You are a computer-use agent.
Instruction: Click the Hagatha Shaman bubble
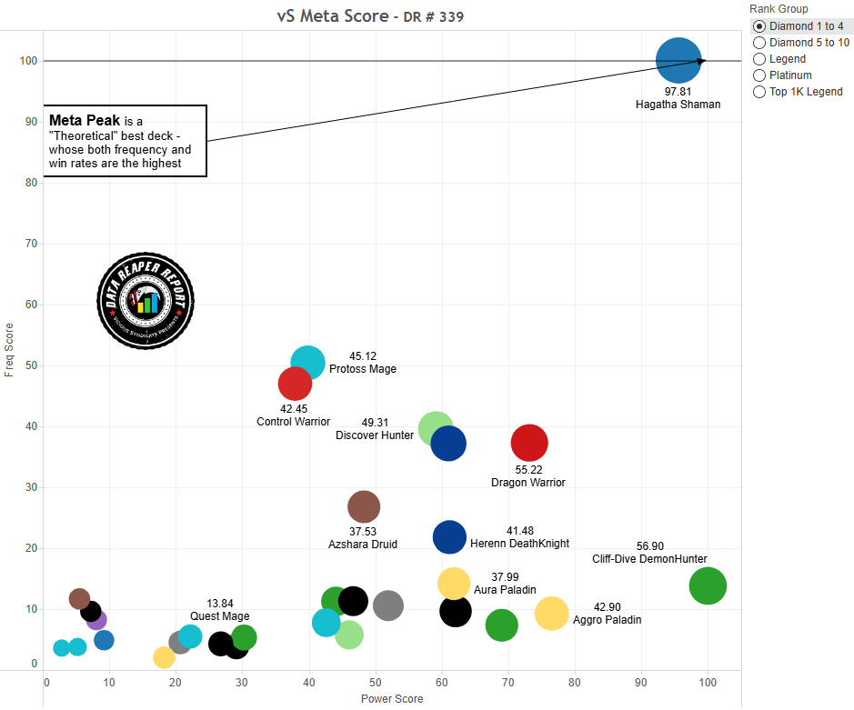(678, 61)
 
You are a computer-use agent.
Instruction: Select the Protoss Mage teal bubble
(308, 363)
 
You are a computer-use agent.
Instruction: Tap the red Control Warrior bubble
(295, 385)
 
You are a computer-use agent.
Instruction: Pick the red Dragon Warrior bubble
(529, 444)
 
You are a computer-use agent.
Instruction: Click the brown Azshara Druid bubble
(364, 507)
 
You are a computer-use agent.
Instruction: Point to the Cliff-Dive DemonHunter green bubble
(708, 586)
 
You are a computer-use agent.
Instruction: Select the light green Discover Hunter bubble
(434, 428)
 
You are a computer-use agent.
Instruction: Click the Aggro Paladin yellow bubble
(551, 614)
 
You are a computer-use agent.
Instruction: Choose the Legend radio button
(760, 59)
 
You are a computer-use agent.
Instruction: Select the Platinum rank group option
(760, 75)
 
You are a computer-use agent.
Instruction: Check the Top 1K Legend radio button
(760, 92)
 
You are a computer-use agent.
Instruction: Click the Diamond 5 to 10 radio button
(760, 43)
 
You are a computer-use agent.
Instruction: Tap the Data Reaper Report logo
(146, 301)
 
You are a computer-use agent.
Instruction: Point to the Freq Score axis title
(10, 350)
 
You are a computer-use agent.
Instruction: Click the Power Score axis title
(392, 699)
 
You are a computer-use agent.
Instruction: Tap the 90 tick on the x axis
(641, 681)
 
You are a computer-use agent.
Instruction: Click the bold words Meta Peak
(85, 120)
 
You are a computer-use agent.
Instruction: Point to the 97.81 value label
(678, 92)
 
